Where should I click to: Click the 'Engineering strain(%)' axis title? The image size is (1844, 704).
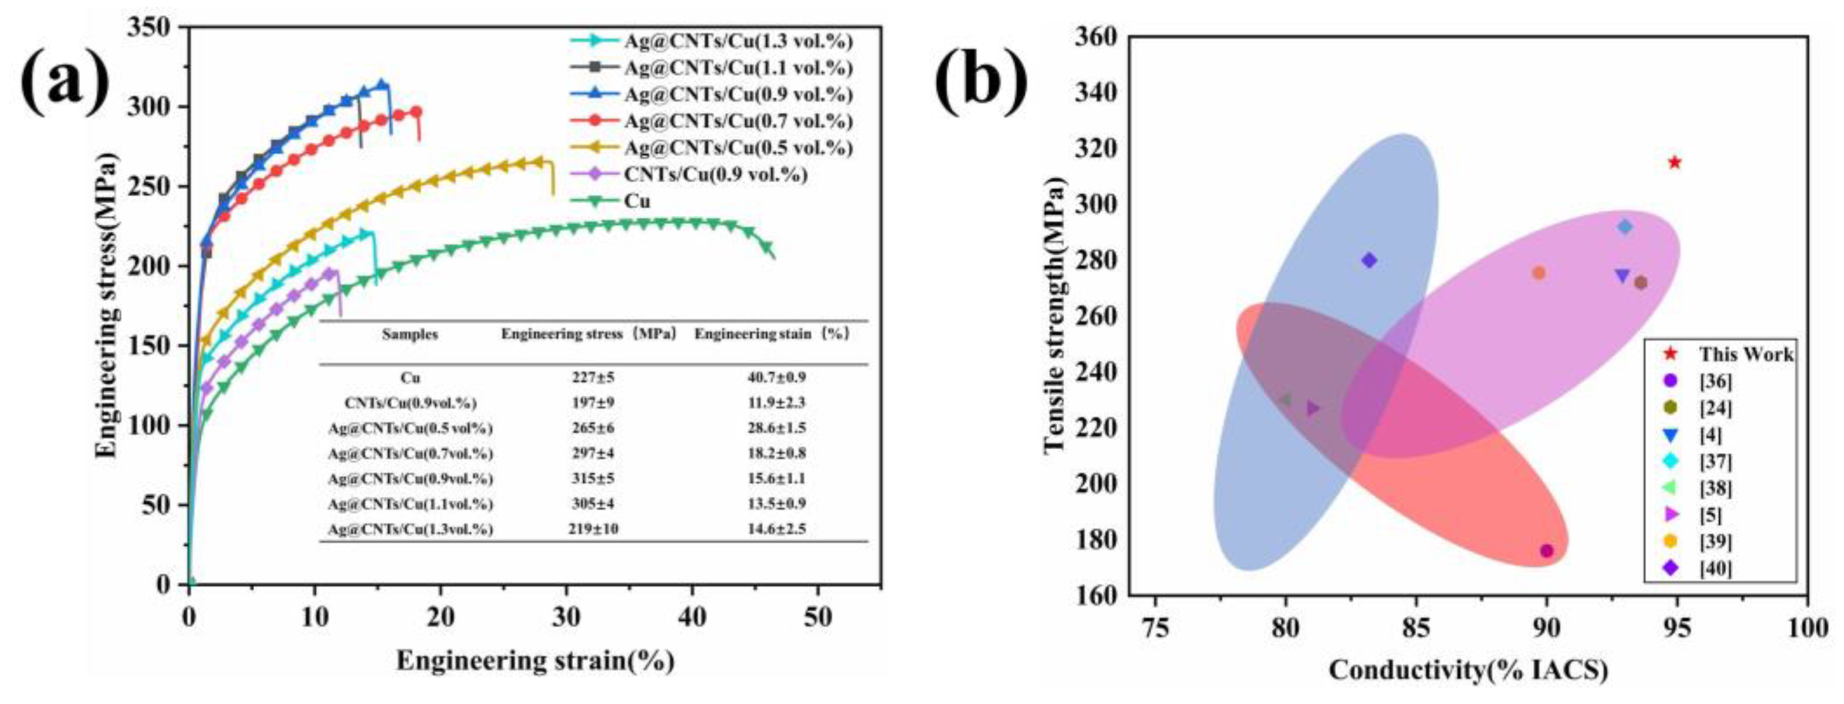click(536, 660)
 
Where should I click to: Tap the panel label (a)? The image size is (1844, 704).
click(66, 81)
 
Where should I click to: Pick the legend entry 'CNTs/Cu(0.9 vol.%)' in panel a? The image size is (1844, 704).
click(714, 175)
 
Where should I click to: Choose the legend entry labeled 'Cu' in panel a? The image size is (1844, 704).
click(637, 201)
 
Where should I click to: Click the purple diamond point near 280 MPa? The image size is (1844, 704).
click(1369, 261)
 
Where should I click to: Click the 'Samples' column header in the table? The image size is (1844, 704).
click(410, 334)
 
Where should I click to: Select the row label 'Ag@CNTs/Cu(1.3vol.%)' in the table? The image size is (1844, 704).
click(410, 529)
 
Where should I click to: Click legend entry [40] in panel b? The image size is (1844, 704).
click(1715, 569)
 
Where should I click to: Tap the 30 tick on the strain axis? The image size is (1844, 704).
click(566, 618)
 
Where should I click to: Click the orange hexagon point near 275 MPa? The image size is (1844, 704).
click(1538, 273)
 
